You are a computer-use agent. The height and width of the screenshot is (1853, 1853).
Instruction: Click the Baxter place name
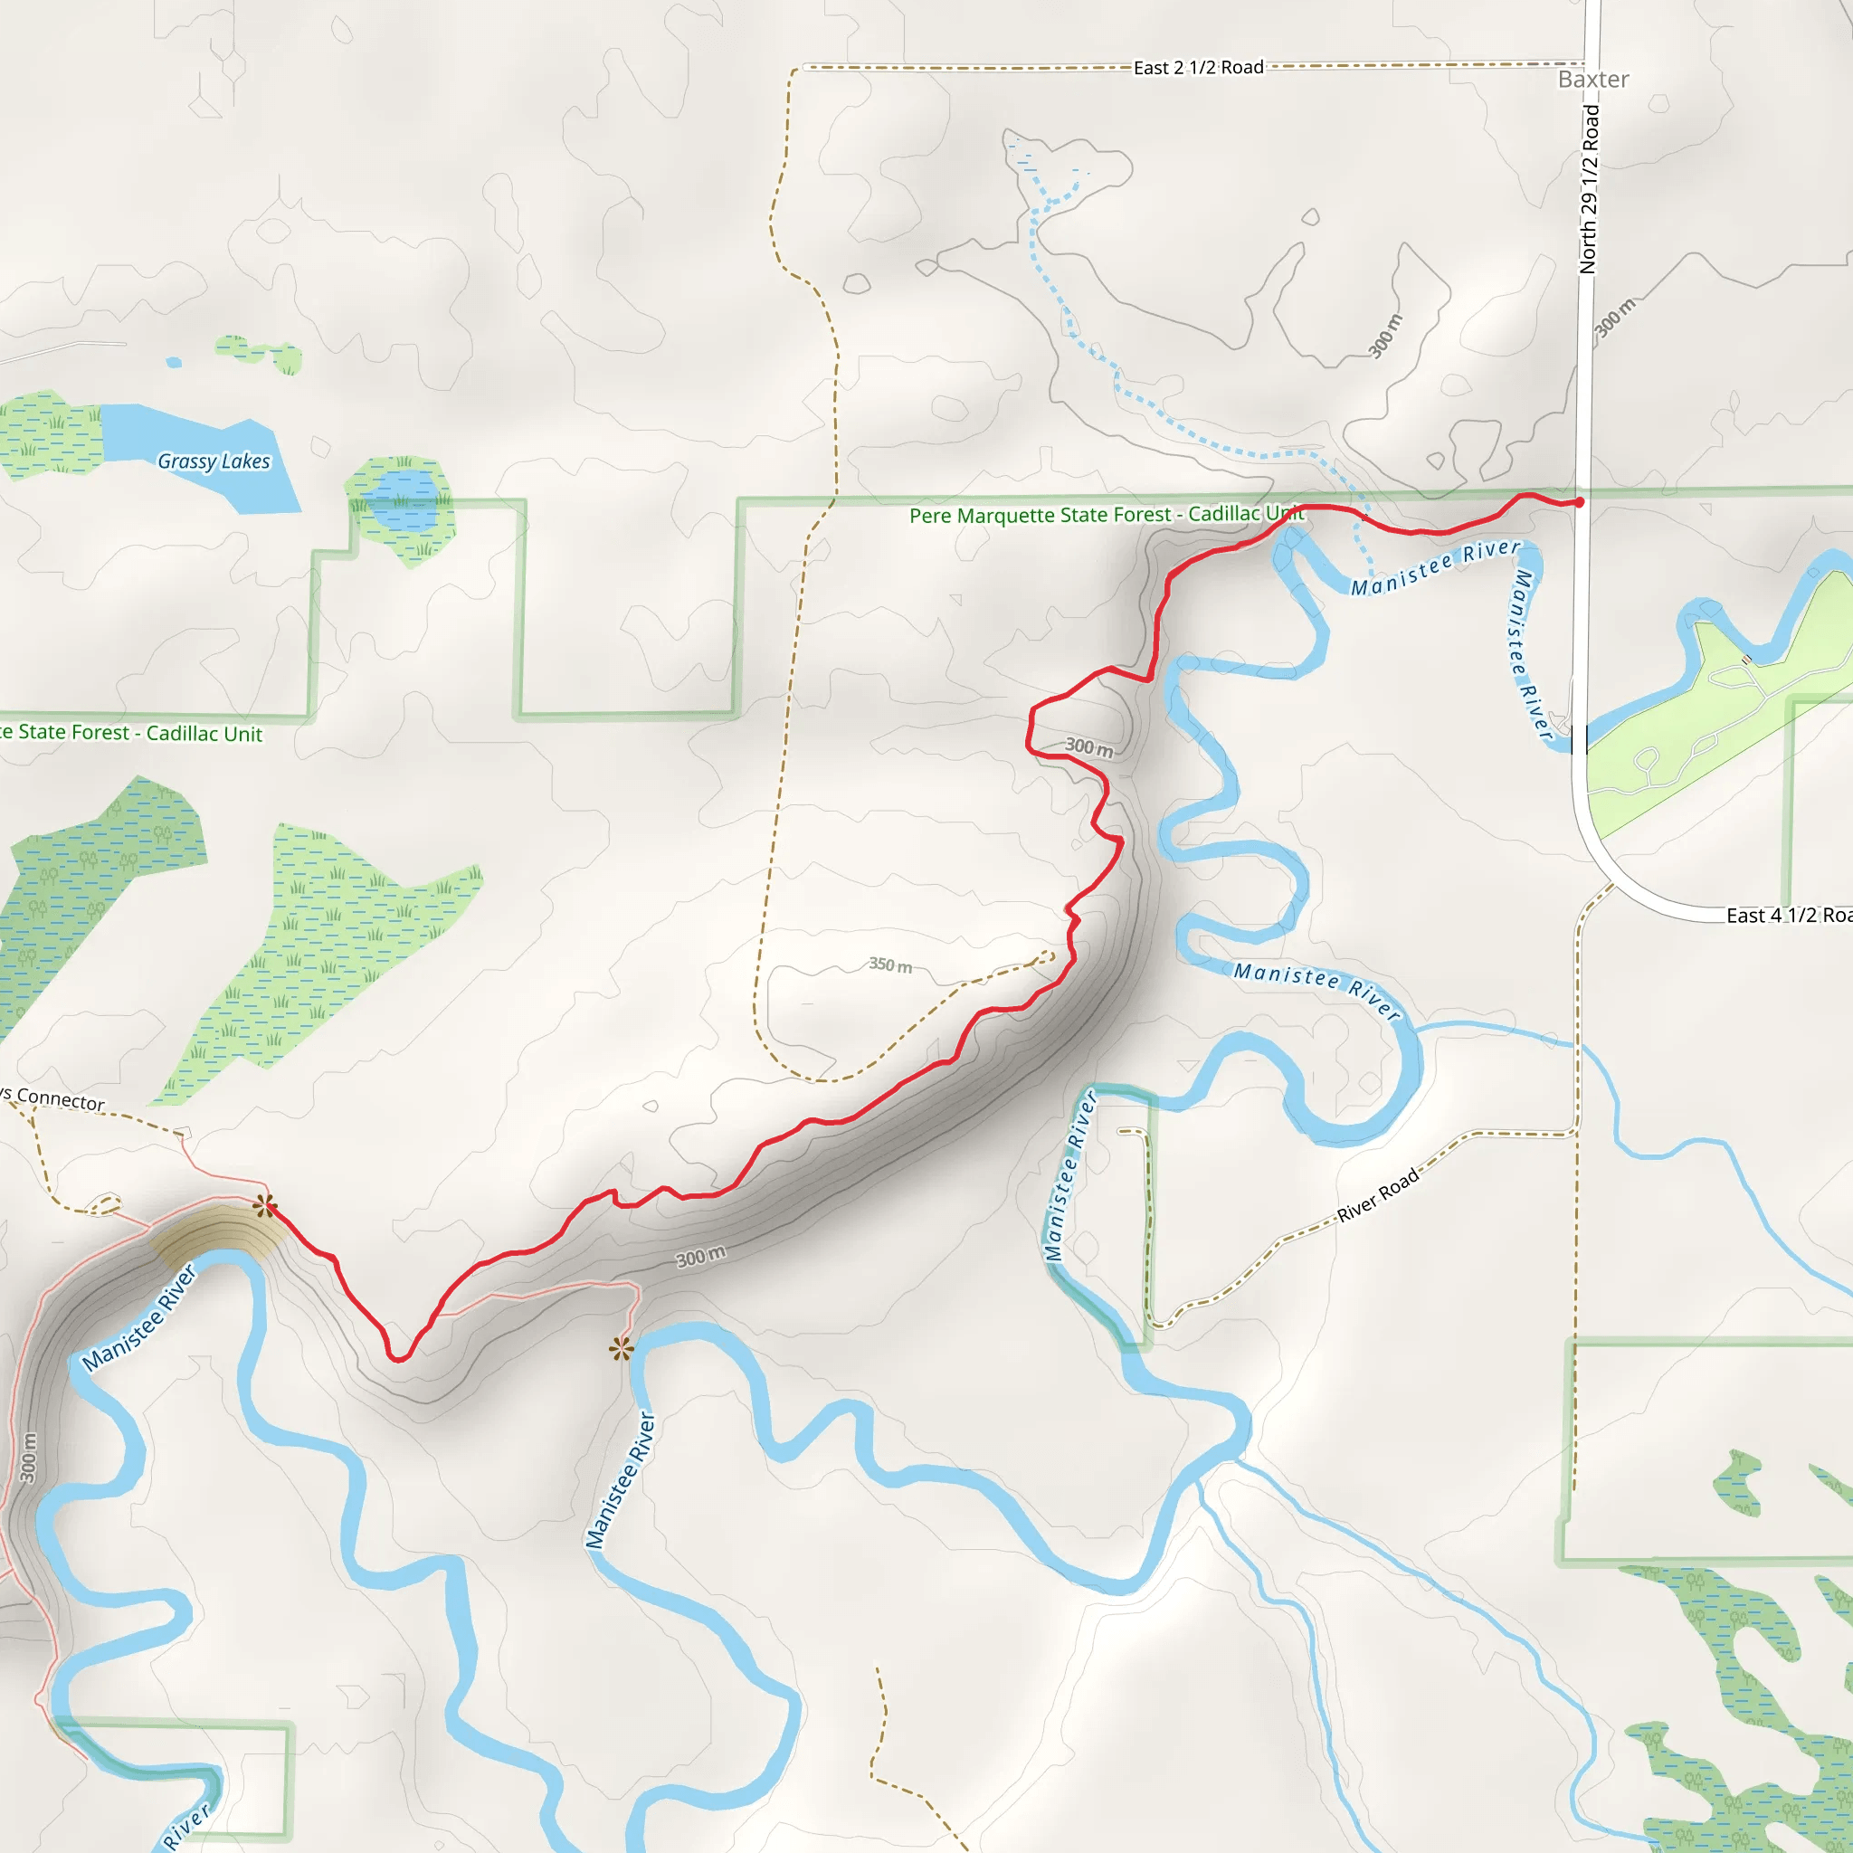coord(1593,80)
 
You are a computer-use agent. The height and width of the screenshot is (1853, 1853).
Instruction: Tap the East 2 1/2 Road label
coord(1198,68)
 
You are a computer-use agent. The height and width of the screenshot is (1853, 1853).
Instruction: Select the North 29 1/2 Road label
coord(1589,189)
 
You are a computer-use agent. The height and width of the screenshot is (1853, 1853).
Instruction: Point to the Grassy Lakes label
coord(214,461)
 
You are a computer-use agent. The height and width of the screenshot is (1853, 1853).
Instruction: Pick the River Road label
coord(1377,1197)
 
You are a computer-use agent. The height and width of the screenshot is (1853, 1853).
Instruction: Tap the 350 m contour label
coord(890,965)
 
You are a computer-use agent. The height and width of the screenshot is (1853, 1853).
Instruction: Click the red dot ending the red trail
coord(1580,501)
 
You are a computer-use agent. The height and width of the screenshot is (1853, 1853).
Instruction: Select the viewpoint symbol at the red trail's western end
coord(265,1207)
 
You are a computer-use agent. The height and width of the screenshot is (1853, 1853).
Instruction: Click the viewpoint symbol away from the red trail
coord(622,1351)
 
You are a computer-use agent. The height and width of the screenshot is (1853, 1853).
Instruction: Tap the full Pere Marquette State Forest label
coord(1107,515)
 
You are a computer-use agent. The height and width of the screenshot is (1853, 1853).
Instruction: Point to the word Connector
coord(61,1100)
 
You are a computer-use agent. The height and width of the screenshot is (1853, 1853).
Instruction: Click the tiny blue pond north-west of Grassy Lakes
coord(174,363)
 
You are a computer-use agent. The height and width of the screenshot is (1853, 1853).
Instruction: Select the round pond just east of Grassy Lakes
coord(403,499)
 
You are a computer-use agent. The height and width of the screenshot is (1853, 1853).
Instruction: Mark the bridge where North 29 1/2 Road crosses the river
coord(1579,738)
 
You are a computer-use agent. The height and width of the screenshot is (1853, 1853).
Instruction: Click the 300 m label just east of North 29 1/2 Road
coord(1615,318)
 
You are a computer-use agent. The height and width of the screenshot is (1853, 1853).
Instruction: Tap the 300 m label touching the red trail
coord(1089,746)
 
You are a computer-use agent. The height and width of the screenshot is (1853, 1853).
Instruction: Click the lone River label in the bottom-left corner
coord(186,1826)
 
